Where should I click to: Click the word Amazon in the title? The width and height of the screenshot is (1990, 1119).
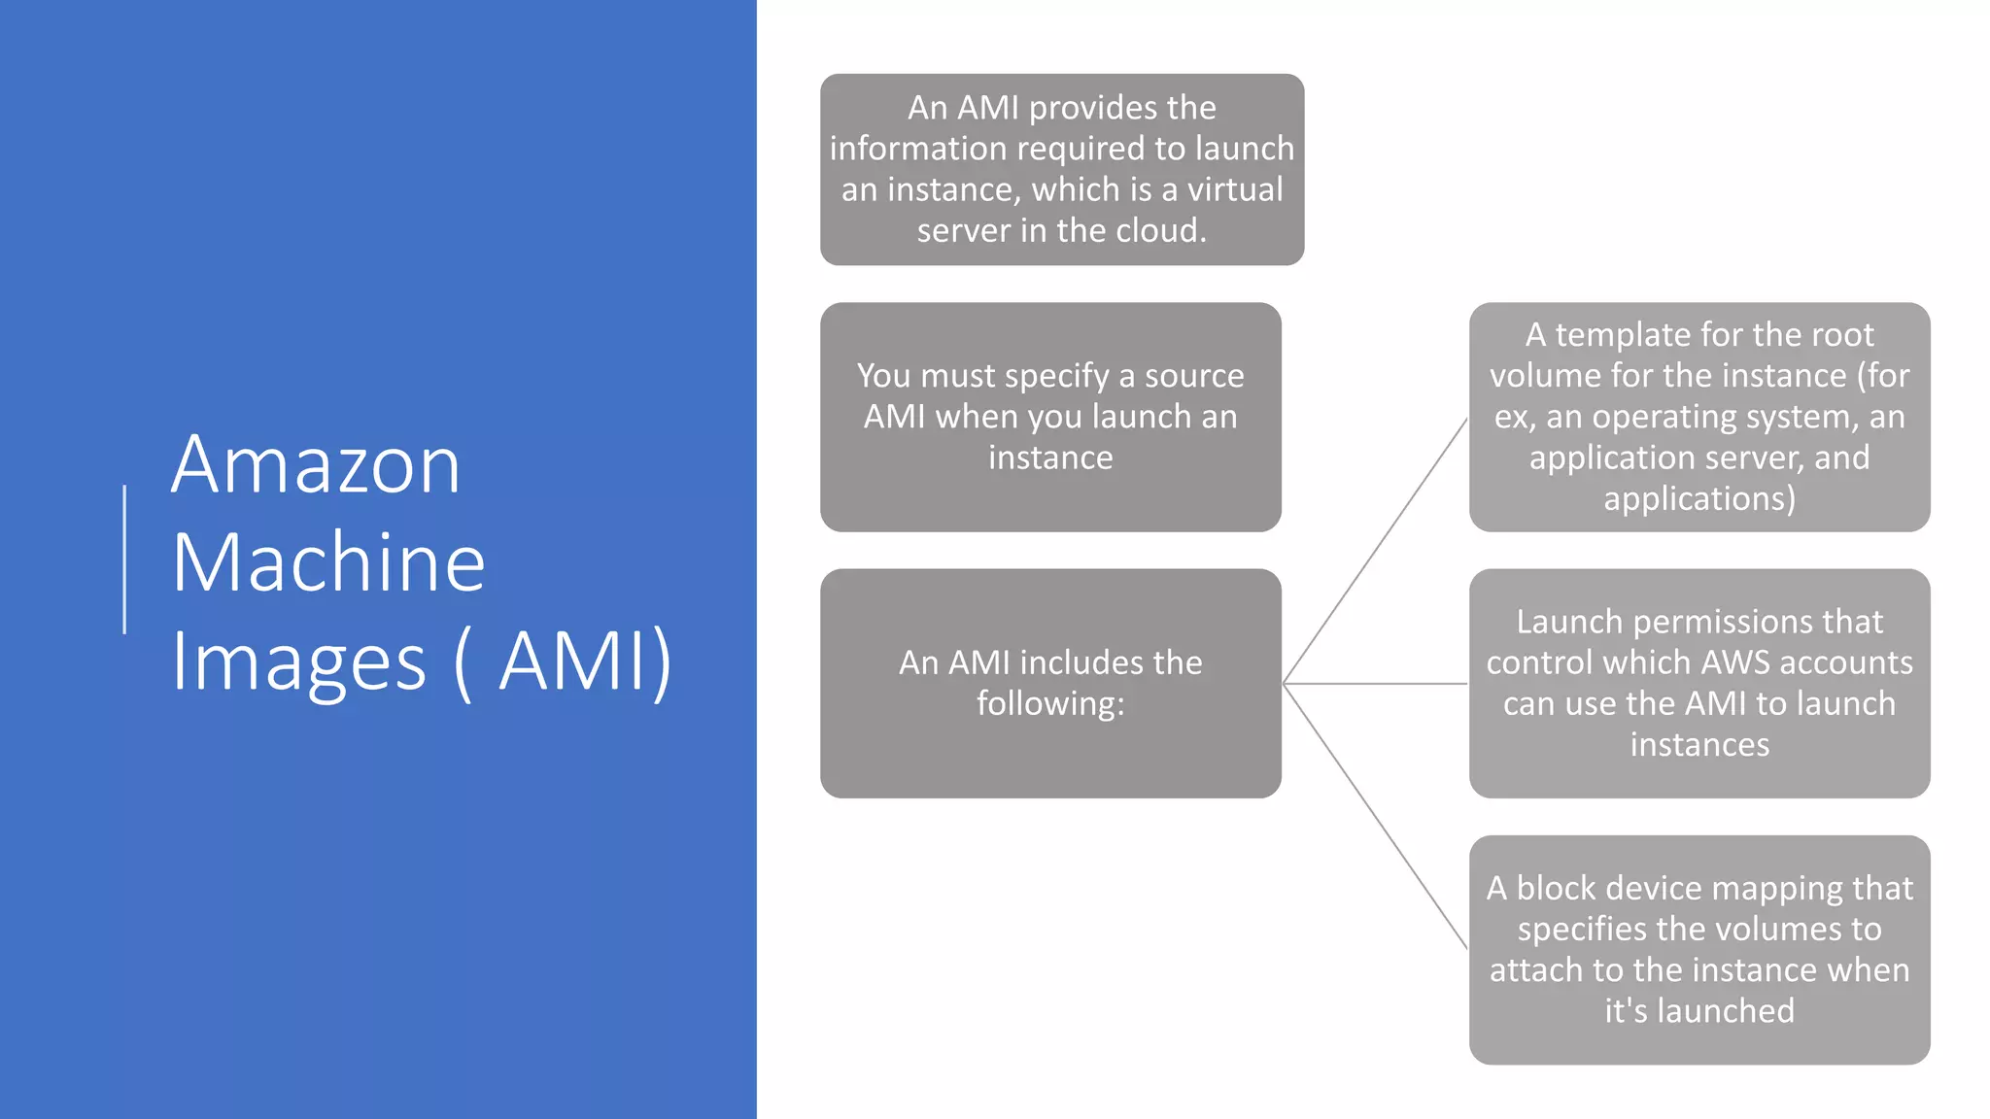[x=316, y=465]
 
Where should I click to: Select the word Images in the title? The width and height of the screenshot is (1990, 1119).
[x=299, y=663]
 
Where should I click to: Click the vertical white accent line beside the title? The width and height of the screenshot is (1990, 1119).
[x=124, y=559]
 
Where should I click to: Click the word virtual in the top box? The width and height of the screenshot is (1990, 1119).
[x=1235, y=189]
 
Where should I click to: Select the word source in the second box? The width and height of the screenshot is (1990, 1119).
[x=1194, y=376]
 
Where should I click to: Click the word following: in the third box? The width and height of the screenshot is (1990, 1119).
[x=1050, y=703]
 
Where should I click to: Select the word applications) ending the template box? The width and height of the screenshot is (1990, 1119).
[x=1699, y=499]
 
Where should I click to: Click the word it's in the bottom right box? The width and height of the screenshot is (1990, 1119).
[x=1627, y=1011]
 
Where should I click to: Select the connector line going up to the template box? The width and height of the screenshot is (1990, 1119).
[x=1375, y=551]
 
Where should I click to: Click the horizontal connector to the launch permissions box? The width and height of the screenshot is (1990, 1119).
[x=1375, y=684]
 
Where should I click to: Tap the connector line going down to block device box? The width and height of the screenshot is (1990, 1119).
[x=1375, y=816]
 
